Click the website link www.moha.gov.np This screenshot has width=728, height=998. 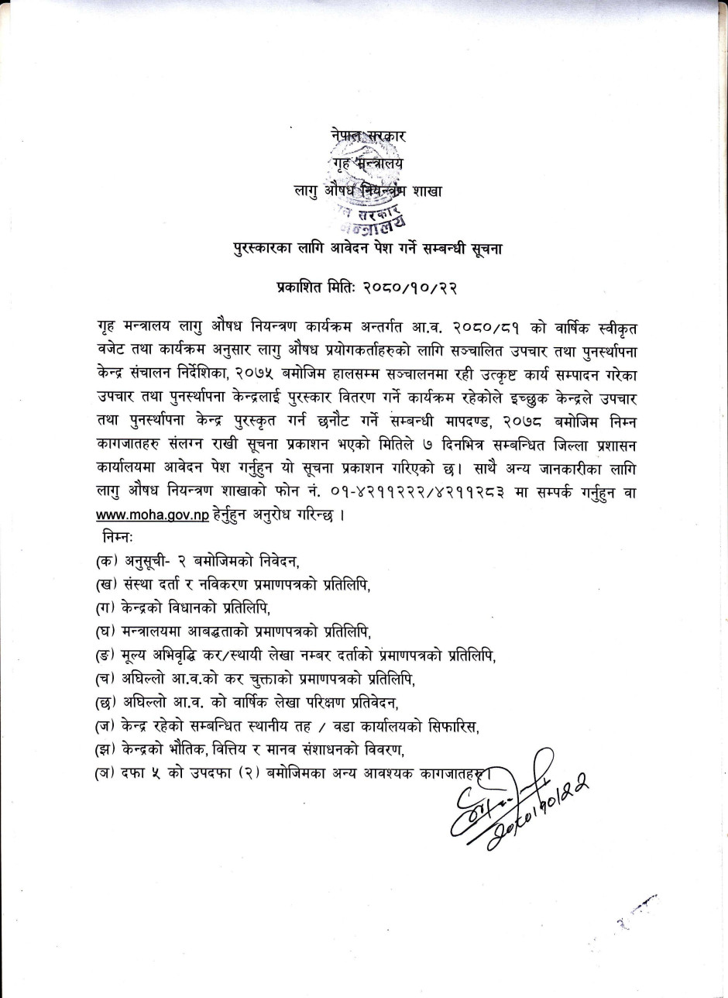tap(153, 515)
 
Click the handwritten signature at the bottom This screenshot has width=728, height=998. tap(515, 802)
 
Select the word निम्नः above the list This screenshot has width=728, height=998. tap(118, 537)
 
